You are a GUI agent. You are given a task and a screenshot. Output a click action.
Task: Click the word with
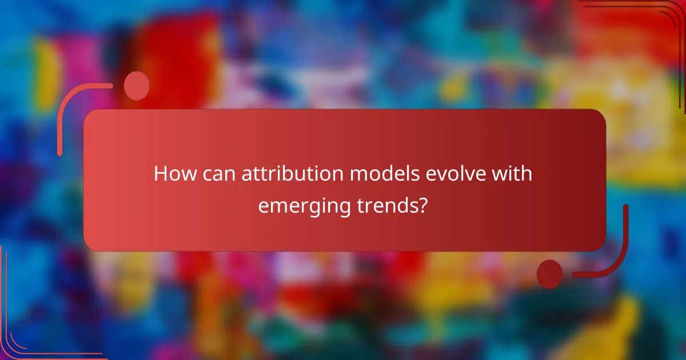pos(513,174)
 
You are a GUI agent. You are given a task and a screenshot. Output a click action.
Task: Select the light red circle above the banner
pos(137,86)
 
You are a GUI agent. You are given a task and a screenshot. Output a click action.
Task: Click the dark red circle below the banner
pos(549,274)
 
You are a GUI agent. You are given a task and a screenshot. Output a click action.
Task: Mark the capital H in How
pos(161,174)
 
